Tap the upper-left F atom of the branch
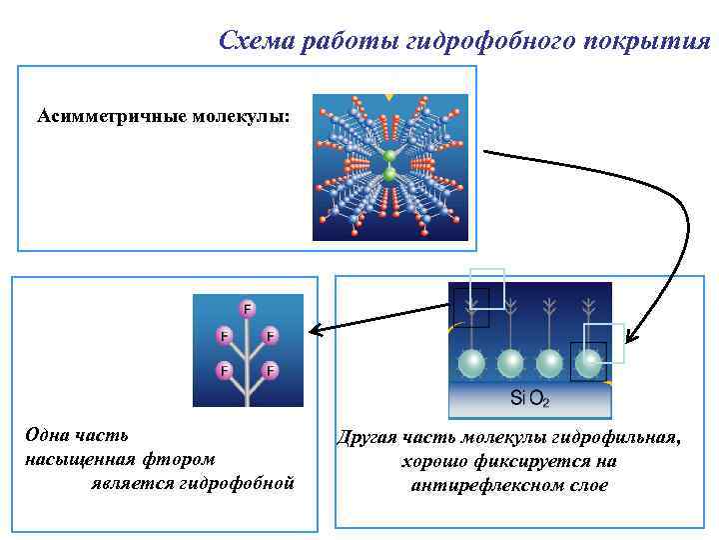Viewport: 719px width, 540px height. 226,336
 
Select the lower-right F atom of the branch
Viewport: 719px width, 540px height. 269,371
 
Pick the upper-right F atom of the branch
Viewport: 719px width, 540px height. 270,336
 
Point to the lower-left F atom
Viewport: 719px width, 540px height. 226,371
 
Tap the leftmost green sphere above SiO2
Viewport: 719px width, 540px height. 469,361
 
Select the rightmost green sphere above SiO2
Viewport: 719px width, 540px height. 591,361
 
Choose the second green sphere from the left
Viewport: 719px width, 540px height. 509,361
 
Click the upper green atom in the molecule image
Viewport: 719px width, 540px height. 389,156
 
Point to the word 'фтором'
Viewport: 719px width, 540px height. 179,459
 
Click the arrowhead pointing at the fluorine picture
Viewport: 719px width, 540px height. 312,331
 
